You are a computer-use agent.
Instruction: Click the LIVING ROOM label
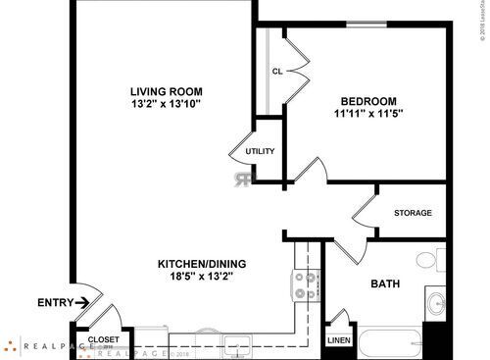click(172, 91)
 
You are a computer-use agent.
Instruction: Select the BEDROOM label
click(367, 101)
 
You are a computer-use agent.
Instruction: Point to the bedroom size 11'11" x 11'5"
click(367, 114)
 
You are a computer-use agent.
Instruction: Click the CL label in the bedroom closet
click(277, 71)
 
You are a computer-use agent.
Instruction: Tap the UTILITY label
click(260, 151)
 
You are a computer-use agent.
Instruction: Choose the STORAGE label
click(413, 213)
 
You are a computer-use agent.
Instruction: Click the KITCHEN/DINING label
click(203, 264)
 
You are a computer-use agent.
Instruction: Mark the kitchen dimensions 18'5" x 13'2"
click(203, 277)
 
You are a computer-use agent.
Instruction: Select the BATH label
click(384, 284)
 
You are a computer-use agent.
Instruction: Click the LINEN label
click(339, 340)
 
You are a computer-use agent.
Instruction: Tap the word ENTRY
click(53, 302)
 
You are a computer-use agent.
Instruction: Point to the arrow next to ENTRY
click(83, 302)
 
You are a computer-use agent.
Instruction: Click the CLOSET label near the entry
click(104, 339)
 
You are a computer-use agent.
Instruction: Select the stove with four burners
click(306, 285)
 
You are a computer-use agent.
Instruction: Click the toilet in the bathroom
click(430, 262)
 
